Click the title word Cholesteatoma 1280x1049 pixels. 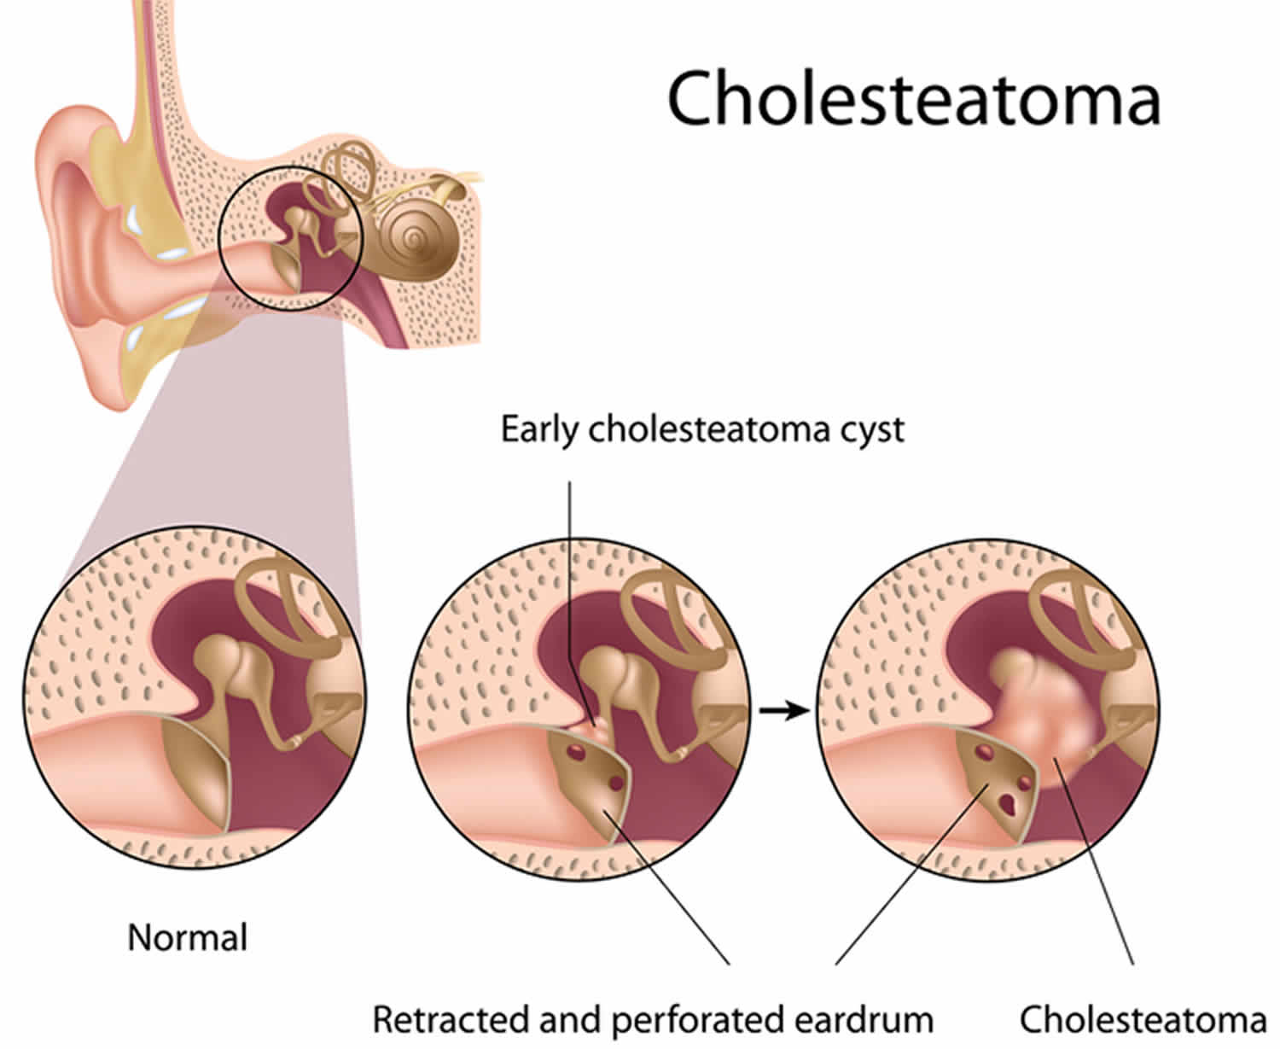[913, 98]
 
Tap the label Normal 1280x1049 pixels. [187, 937]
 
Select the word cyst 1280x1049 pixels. [869, 430]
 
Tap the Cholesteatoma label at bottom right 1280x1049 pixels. [1143, 1019]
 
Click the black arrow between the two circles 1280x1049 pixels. [783, 709]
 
